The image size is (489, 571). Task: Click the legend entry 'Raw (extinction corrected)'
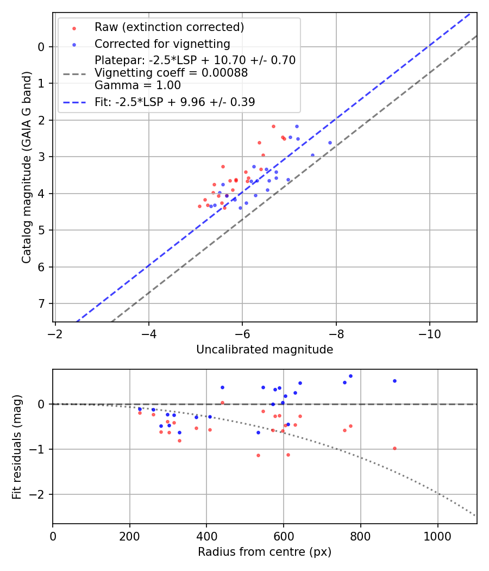[x=169, y=27]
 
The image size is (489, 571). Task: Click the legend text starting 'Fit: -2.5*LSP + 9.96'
[x=174, y=102]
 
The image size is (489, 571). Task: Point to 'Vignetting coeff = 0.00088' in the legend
[x=171, y=73]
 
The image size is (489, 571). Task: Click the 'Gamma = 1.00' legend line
[x=137, y=85]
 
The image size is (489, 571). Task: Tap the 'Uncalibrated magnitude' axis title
[x=265, y=350]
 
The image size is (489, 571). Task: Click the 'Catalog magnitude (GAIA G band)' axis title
[x=27, y=167]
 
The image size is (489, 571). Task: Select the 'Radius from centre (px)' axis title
[x=265, y=552]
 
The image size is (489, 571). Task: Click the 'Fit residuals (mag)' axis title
[x=17, y=447]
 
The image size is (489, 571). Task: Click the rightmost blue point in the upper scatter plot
[x=330, y=142]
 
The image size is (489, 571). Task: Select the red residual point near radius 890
[x=394, y=448]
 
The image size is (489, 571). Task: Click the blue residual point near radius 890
[x=394, y=381]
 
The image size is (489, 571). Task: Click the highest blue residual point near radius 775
[x=350, y=376]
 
